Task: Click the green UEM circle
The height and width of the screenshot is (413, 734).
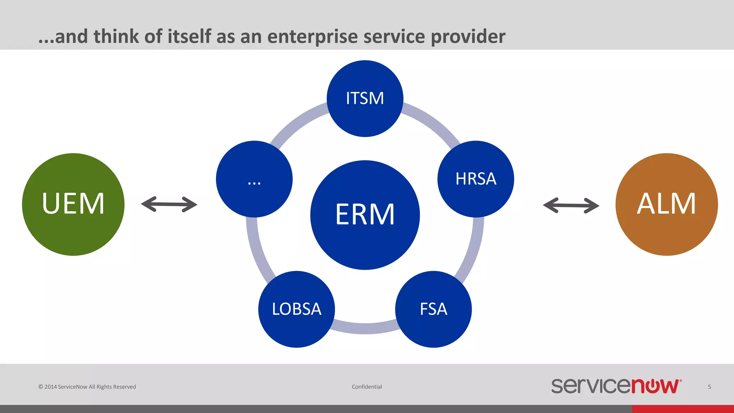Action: click(73, 204)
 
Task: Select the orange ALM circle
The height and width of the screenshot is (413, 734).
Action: click(667, 204)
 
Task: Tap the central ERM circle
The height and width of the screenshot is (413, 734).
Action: click(365, 215)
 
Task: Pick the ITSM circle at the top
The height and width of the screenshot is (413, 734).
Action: click(365, 98)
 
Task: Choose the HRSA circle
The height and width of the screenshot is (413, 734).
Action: click(476, 179)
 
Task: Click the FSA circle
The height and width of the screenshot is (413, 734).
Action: click(433, 309)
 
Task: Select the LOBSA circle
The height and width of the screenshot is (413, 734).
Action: click(296, 309)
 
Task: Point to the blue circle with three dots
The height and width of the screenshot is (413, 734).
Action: click(254, 179)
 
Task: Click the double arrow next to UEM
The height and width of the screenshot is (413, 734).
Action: click(169, 204)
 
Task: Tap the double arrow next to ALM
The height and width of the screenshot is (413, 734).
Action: click(571, 205)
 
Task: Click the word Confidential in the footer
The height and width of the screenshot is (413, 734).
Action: click(367, 387)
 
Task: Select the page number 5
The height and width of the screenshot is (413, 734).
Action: click(709, 387)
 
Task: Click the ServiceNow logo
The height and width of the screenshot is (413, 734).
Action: click(616, 386)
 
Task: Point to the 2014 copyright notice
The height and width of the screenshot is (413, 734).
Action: click(87, 387)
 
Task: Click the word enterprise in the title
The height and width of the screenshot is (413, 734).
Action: click(312, 37)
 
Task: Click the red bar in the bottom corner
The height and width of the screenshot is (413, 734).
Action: click(683, 409)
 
